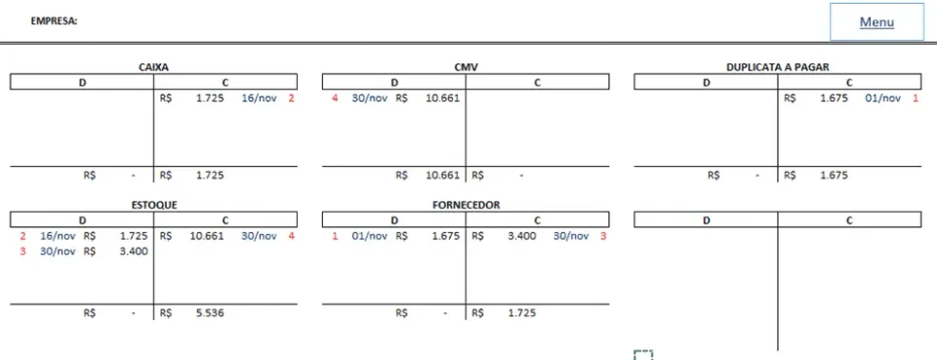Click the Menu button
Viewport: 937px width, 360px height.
[x=876, y=22]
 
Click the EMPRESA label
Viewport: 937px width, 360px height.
[x=55, y=21]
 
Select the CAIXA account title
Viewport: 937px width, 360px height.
[x=153, y=67]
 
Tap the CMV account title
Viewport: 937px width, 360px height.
[x=466, y=67]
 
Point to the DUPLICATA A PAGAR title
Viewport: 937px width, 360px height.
[x=778, y=67]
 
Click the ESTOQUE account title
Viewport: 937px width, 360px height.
[x=153, y=205]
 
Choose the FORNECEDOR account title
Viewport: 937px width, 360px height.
[x=466, y=205]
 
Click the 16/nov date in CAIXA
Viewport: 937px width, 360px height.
[x=259, y=98]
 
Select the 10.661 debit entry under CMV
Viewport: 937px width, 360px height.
[x=442, y=98]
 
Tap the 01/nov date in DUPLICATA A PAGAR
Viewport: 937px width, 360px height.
[x=882, y=98]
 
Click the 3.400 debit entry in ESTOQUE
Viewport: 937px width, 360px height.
[x=134, y=251]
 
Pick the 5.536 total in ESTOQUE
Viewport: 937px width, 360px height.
[x=210, y=313]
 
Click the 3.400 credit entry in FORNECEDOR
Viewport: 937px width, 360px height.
[x=521, y=236]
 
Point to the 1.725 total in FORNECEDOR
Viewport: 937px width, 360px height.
[x=521, y=313]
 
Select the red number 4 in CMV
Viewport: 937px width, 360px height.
[x=335, y=98]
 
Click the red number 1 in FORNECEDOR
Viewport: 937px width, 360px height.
[x=335, y=236]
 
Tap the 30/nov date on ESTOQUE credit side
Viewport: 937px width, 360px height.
[x=259, y=236]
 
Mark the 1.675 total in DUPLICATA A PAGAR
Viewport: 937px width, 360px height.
[x=834, y=175]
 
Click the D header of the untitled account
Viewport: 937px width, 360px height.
[x=706, y=220]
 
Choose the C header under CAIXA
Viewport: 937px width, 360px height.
[x=225, y=82]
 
